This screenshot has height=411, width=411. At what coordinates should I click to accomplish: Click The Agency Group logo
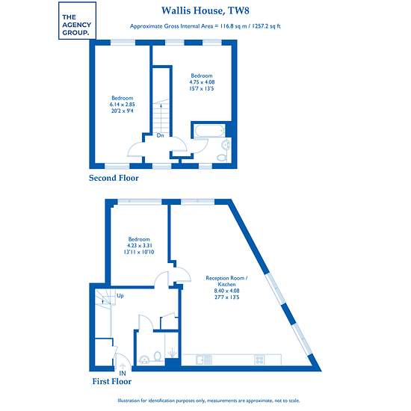77,21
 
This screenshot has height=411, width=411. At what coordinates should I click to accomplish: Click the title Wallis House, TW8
205,10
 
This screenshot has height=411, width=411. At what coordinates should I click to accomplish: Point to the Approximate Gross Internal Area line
205,26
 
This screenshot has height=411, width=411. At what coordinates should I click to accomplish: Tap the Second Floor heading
114,178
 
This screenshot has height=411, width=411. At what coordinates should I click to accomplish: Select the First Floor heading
112,381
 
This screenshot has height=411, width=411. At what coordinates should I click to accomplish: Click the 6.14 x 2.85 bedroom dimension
123,105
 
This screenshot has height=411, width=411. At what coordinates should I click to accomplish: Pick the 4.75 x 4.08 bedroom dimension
202,82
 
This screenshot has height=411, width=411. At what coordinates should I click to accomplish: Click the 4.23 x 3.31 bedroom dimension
139,246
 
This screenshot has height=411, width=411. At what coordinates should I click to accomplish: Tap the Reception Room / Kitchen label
226,281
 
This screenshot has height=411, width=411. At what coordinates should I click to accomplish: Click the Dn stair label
160,135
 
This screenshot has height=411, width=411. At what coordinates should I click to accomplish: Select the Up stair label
120,296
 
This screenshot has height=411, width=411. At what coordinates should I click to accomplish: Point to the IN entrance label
123,373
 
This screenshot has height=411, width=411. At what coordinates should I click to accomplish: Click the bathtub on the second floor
209,131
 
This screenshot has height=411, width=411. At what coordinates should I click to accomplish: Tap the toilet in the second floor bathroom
222,158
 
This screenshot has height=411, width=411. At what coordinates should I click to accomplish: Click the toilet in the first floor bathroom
157,356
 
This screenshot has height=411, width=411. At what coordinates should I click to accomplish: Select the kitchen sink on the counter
204,359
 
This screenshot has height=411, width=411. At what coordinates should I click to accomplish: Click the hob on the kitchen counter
259,359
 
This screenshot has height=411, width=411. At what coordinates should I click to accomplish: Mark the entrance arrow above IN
123,367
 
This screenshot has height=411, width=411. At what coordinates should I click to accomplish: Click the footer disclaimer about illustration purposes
208,401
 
